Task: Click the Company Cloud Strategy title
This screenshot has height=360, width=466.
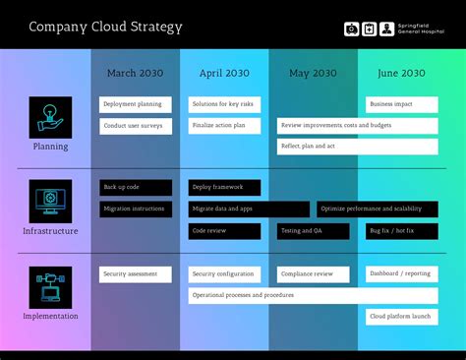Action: click(x=105, y=27)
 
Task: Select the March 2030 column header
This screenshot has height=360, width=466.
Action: click(x=136, y=73)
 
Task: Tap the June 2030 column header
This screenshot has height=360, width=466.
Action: click(x=401, y=73)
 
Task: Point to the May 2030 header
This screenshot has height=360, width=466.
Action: click(x=313, y=73)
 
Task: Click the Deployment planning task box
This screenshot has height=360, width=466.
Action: click(x=136, y=104)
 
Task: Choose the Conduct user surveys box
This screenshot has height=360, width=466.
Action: click(x=136, y=126)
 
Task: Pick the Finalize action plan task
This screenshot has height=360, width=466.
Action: click(x=224, y=126)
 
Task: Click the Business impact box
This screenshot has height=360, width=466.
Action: click(x=401, y=104)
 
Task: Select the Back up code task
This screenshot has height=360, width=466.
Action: click(x=136, y=187)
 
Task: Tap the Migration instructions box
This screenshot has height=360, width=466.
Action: click(x=136, y=209)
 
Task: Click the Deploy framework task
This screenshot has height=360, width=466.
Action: click(x=224, y=187)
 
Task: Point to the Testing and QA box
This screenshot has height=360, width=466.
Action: click(x=313, y=231)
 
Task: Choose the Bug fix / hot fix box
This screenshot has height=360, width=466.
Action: click(x=401, y=231)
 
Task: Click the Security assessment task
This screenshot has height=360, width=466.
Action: click(x=136, y=274)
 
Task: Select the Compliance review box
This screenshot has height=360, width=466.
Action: click(x=313, y=274)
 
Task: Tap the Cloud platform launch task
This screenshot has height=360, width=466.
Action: click(x=401, y=317)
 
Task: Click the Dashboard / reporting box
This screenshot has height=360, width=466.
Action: click(x=401, y=274)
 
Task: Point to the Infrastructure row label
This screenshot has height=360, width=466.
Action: click(x=50, y=231)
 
